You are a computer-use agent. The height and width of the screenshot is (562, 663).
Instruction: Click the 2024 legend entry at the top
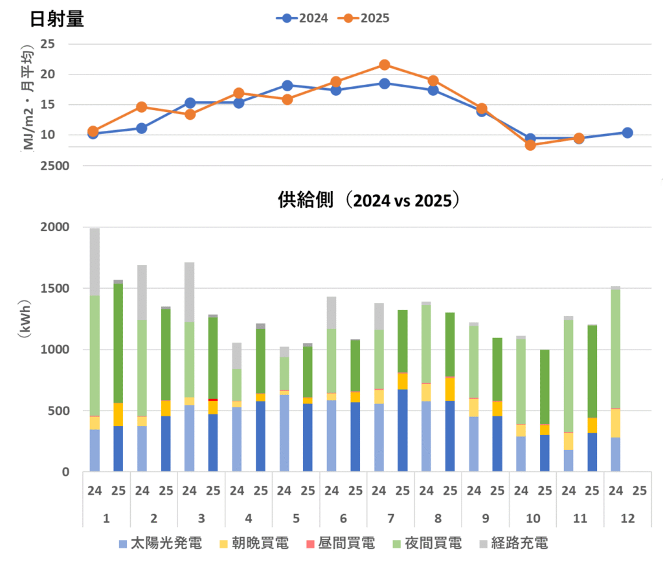point(302,18)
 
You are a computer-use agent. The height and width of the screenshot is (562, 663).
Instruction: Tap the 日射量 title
point(57,19)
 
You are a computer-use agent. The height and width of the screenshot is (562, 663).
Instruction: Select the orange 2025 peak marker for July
point(385,65)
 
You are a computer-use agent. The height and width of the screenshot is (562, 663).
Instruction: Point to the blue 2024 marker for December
point(627,133)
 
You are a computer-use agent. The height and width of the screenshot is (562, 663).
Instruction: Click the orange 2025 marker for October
point(530,145)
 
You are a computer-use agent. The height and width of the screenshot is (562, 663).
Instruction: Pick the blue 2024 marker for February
point(142,128)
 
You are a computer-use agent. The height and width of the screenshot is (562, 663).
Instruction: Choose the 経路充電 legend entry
point(517,543)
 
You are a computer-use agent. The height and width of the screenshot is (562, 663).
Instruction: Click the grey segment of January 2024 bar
point(95,262)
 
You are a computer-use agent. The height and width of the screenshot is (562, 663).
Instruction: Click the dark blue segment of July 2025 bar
point(403,431)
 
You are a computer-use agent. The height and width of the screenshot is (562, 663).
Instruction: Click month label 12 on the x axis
point(627,518)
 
